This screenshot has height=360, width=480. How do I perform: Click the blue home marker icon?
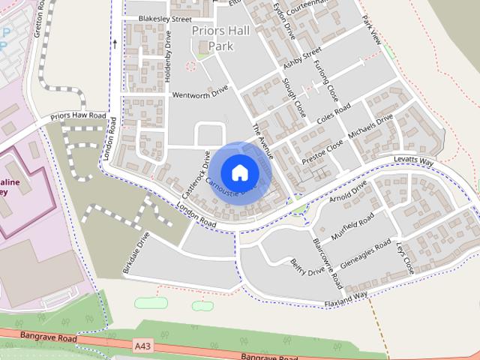[239, 172]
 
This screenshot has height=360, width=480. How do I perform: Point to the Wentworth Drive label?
[199, 94]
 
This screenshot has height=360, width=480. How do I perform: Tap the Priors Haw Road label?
[78, 116]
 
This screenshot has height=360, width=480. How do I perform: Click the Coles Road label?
[334, 115]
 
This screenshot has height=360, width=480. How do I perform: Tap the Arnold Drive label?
[349, 190]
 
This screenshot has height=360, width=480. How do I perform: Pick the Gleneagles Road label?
[365, 254]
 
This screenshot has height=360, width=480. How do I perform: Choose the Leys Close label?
[404, 257]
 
